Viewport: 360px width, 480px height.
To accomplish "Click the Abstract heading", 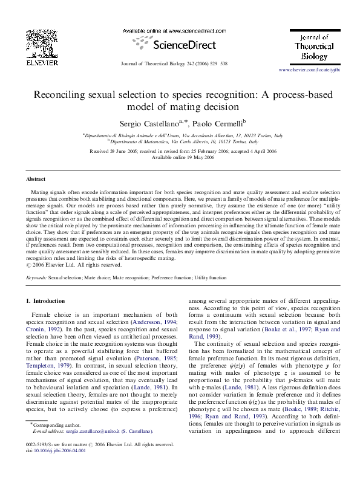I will click(x=36, y=180).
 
